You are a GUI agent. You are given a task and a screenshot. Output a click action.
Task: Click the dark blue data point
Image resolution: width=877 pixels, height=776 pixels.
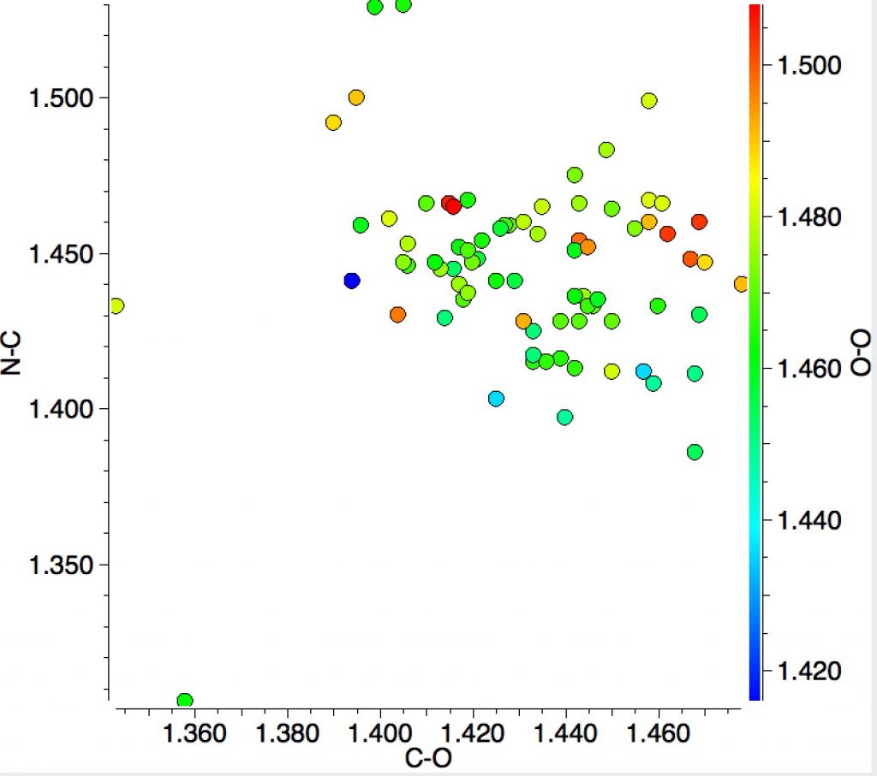click(351, 280)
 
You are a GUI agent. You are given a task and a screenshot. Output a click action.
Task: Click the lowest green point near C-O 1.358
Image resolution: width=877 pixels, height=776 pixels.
click(184, 701)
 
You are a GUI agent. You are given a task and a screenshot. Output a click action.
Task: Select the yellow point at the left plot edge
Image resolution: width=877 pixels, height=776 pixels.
click(116, 305)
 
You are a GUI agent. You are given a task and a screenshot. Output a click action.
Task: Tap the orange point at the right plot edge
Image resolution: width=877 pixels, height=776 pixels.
click(741, 283)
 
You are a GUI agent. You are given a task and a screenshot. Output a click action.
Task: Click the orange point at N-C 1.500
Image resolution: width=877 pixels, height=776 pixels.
click(356, 98)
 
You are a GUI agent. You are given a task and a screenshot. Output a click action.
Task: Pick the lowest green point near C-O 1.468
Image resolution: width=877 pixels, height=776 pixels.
click(695, 452)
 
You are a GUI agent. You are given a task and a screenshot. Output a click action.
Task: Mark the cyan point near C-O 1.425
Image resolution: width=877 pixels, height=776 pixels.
click(495, 398)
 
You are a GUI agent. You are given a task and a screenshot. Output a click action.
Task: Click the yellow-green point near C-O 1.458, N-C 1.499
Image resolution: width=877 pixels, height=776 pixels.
click(649, 101)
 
